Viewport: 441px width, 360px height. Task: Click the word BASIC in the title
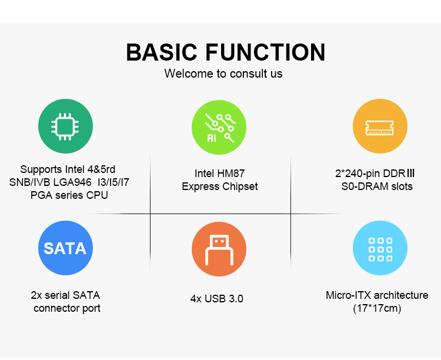[162, 52]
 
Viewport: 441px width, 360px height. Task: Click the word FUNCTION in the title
[266, 52]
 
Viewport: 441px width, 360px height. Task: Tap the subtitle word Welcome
[189, 74]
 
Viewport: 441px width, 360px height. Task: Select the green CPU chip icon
[65, 126]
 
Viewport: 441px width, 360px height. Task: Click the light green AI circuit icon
[219, 127]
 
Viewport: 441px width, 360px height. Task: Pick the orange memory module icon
[380, 126]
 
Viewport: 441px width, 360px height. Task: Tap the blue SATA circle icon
[65, 248]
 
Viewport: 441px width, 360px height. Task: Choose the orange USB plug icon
[219, 249]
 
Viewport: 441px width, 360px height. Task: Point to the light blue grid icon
[380, 248]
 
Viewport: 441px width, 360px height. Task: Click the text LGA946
[72, 182]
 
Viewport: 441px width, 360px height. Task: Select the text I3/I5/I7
[113, 182]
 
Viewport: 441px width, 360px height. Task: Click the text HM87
[231, 174]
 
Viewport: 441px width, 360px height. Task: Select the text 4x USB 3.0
[217, 299]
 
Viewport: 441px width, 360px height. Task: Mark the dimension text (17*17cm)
[377, 308]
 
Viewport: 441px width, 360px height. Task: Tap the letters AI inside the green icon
[212, 138]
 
